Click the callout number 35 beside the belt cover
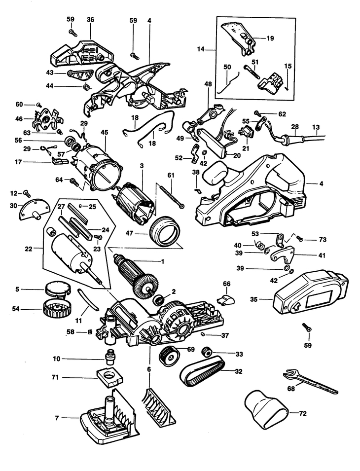253,299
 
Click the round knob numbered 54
56,309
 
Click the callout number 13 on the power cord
316,127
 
